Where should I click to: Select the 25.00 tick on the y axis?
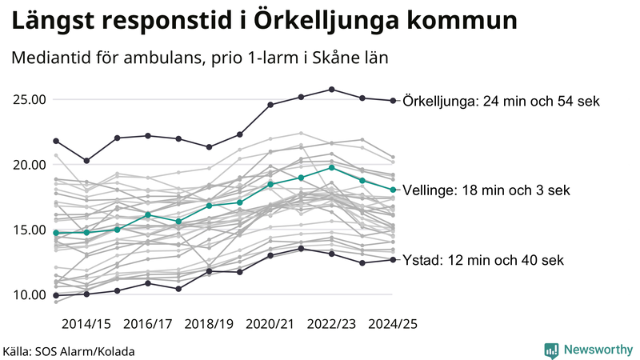(29, 100)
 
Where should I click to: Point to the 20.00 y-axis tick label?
(29, 165)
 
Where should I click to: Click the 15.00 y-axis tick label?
(29, 230)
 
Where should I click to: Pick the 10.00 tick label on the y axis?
(29, 294)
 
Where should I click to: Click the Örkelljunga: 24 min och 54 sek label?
(502, 101)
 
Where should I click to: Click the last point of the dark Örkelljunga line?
(393, 101)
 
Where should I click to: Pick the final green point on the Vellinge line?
(393, 190)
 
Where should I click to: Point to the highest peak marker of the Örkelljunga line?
(332, 90)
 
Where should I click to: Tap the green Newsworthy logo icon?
(551, 350)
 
